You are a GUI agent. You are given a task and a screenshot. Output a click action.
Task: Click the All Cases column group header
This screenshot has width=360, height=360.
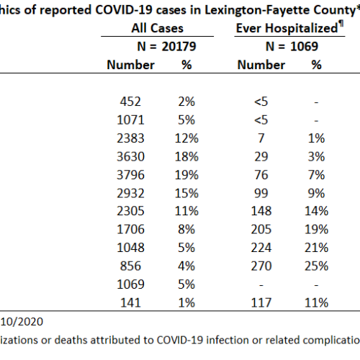(157, 28)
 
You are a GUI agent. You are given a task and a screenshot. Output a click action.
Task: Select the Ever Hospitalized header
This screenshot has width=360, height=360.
(289, 27)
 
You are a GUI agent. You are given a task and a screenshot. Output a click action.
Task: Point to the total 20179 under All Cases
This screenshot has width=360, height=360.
(179, 46)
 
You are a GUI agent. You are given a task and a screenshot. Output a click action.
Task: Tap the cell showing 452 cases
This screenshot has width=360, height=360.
(130, 102)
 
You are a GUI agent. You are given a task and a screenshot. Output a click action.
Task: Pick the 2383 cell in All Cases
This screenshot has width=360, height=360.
(130, 138)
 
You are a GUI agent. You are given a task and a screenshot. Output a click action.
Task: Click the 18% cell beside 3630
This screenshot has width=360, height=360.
(186, 157)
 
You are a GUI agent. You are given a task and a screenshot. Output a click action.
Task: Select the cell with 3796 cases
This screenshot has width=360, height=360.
(130, 175)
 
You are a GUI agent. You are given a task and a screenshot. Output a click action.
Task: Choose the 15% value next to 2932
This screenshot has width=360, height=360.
(186, 194)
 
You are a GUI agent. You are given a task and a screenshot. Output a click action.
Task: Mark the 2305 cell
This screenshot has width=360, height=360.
(130, 211)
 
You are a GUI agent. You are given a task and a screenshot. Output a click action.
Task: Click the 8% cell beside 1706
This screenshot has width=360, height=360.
(186, 230)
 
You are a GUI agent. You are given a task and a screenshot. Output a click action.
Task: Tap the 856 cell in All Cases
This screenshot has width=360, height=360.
(130, 266)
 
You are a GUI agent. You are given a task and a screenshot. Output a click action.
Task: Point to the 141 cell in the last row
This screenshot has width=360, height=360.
(130, 303)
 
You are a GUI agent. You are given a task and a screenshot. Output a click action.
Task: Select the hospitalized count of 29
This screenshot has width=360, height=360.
(261, 157)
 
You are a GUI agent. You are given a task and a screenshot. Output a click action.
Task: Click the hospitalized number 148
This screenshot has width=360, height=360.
(261, 211)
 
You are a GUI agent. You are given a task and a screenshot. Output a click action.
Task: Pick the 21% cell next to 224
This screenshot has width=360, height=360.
(316, 248)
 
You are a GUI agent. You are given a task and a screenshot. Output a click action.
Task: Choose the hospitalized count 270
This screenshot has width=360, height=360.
(261, 266)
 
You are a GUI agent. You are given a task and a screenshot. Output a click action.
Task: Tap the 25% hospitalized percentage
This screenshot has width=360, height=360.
(316, 266)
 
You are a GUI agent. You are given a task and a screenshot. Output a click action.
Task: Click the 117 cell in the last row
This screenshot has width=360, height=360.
(261, 303)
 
